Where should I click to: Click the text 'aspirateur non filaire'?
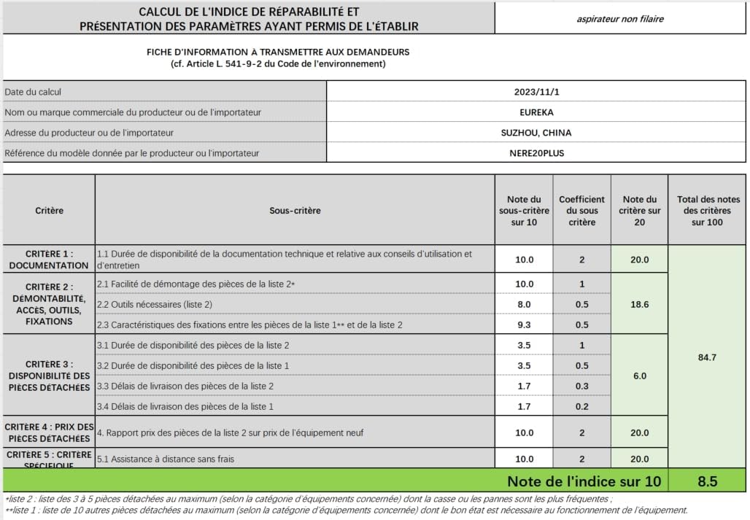620,20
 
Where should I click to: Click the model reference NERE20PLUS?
536,153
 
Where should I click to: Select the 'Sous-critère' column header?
295,211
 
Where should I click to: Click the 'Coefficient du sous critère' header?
581,211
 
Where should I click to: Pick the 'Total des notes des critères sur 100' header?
708,211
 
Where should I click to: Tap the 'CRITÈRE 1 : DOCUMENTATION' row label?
49,260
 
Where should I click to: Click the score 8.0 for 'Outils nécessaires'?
524,304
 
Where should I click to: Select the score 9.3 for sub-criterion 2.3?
524,325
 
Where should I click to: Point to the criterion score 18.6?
639,304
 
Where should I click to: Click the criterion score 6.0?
639,376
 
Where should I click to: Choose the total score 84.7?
708,357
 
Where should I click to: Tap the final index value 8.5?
708,481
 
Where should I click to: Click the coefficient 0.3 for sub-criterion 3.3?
581,386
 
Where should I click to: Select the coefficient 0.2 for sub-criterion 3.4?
581,406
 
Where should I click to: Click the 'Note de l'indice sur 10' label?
584,481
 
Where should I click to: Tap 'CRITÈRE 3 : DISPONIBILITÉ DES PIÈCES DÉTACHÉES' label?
49,376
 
